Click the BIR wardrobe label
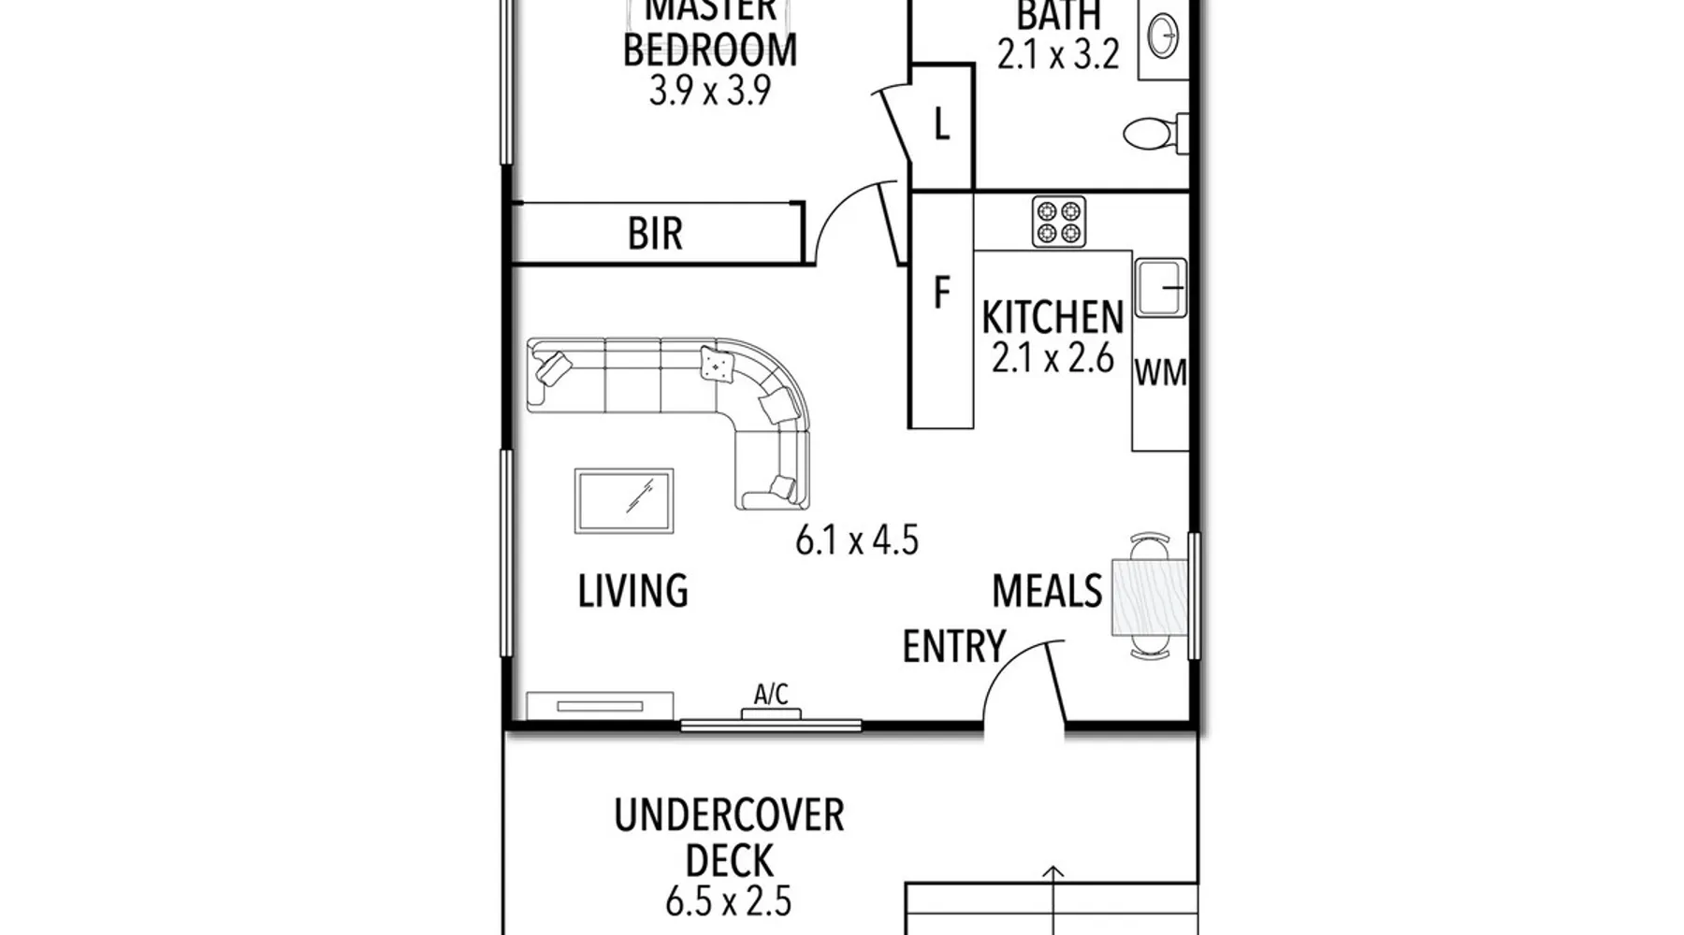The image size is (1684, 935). (x=655, y=234)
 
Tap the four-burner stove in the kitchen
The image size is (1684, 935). (x=1059, y=222)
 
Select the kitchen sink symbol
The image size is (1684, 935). (x=1160, y=288)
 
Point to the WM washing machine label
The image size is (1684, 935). (x=1161, y=373)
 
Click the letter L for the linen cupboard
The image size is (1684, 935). (x=942, y=124)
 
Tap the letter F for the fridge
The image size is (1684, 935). (x=942, y=294)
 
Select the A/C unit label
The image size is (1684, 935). (x=771, y=695)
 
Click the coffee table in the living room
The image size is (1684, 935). (x=624, y=501)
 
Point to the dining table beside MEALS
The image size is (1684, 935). (x=1150, y=597)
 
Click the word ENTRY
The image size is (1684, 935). (x=953, y=646)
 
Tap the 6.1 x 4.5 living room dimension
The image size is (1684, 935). (x=857, y=540)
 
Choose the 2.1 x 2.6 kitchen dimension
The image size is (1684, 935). (x=1052, y=358)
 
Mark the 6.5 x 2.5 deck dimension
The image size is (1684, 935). (x=729, y=902)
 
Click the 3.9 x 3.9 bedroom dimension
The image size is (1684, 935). (x=710, y=92)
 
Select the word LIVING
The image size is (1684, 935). (x=633, y=592)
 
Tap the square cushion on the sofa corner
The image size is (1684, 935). (x=717, y=364)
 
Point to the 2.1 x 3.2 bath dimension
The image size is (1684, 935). (x=1058, y=55)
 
